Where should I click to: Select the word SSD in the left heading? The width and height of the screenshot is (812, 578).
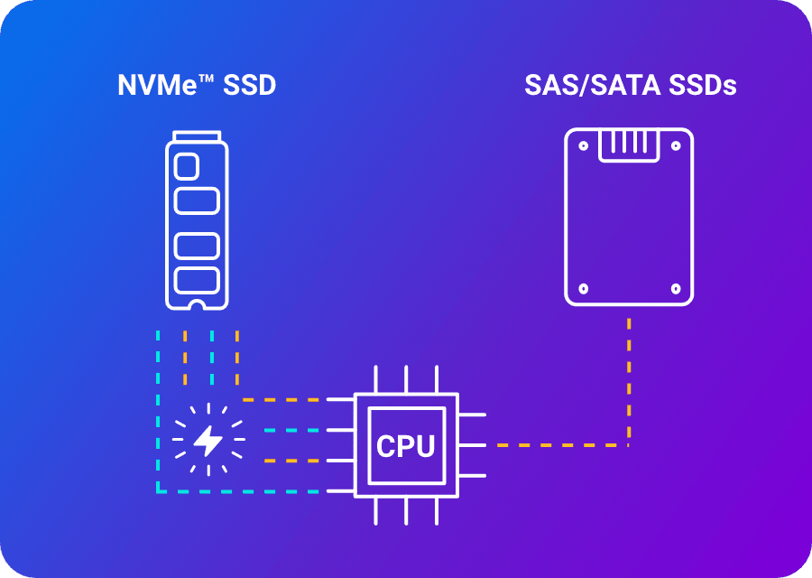[246, 86]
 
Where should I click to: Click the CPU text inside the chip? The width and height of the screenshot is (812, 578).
[406, 446]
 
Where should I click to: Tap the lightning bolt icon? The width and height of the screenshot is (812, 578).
[208, 441]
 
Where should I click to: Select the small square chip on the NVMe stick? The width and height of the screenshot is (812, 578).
[186, 166]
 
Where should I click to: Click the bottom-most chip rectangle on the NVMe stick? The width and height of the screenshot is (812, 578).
[197, 279]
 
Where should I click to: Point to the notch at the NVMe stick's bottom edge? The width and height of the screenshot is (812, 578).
[197, 303]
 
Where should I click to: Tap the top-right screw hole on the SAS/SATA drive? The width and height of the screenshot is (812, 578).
[675, 144]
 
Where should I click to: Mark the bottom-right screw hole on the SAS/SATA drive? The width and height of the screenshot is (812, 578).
[675, 289]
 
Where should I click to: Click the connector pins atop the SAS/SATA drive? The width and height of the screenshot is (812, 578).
[629, 142]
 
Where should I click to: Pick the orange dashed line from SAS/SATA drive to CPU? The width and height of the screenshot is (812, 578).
[629, 388]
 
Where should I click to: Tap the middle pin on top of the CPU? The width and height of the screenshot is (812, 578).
[406, 379]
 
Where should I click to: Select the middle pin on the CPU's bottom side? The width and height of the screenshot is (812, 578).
[406, 511]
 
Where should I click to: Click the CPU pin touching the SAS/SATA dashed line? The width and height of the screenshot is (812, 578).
[474, 445]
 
